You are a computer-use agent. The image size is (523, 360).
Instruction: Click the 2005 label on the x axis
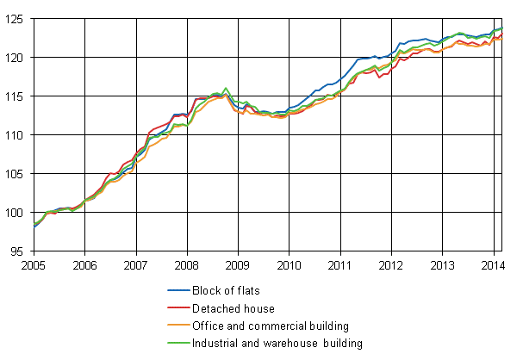tap(34, 264)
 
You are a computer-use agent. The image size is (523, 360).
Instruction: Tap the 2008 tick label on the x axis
tap(187, 264)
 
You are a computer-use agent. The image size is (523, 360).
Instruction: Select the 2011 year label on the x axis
tap(340, 264)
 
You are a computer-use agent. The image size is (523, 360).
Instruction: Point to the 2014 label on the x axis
tap(493, 264)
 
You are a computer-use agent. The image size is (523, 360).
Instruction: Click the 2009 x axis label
tap(238, 264)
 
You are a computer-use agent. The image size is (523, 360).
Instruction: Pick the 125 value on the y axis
tap(17, 19)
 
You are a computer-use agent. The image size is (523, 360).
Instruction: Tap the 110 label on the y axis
tap(17, 135)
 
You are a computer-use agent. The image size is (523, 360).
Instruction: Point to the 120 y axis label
tap(17, 58)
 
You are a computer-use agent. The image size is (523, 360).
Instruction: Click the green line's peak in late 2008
tap(226, 88)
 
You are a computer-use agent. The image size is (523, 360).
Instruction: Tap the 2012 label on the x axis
tap(391, 264)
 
